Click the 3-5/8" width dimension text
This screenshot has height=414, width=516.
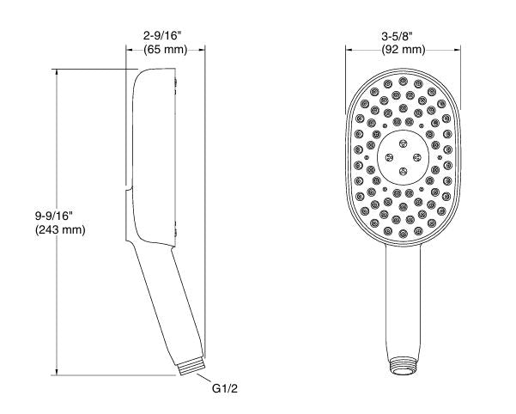coord(403,35)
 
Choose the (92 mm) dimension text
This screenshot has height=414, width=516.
coord(403,50)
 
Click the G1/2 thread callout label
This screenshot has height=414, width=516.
coord(224,388)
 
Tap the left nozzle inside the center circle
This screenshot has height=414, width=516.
coord(390,157)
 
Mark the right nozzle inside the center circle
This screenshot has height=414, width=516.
coord(417,157)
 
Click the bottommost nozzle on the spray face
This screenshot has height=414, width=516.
coord(404,232)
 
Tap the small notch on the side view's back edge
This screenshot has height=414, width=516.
coord(128,185)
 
